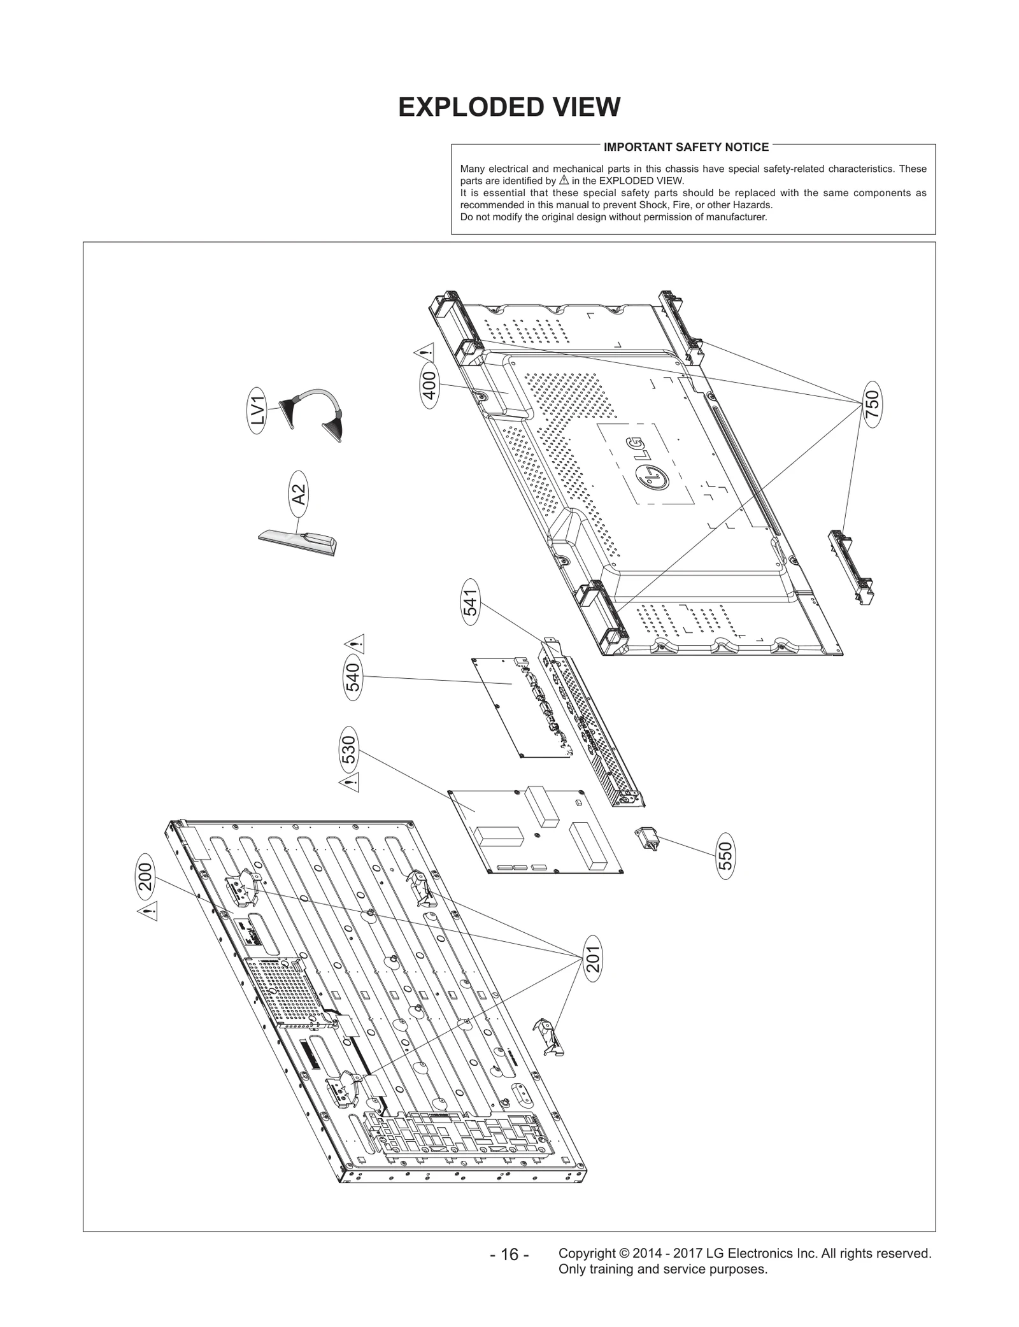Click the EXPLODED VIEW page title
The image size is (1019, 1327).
pos(509,107)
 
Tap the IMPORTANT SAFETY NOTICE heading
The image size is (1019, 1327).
pos(686,147)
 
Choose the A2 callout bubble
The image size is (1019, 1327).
pos(299,495)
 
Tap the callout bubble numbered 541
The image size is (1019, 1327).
pos(470,602)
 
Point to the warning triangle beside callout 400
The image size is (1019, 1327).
pos(425,351)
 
